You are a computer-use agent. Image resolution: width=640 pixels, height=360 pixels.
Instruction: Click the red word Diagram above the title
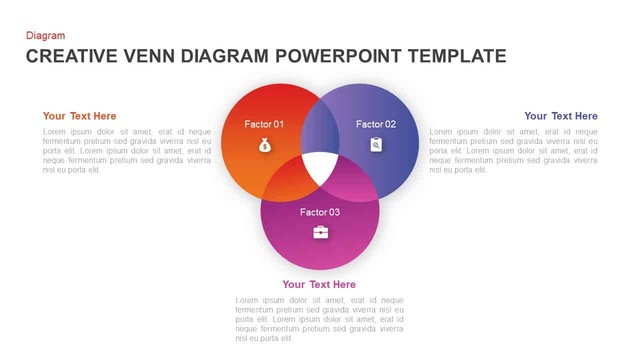click(x=45, y=35)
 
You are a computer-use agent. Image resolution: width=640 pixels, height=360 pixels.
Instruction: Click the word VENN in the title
click(x=149, y=55)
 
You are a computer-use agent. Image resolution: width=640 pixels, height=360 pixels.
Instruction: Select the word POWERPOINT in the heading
click(x=338, y=55)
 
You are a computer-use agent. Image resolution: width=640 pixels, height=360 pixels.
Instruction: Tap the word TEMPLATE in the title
click(x=457, y=55)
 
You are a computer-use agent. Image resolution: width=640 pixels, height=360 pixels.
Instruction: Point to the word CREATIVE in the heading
click(x=71, y=55)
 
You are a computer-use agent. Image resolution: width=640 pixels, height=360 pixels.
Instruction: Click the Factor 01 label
click(x=264, y=124)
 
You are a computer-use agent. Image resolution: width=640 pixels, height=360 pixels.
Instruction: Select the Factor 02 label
click(x=376, y=124)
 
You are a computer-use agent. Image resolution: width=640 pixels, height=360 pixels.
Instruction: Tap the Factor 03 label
click(x=320, y=212)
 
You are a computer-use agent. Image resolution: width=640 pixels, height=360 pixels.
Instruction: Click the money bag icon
click(x=265, y=145)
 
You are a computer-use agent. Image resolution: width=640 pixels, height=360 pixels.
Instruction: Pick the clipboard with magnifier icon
click(x=376, y=144)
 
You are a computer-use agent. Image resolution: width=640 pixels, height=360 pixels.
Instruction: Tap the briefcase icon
click(x=320, y=232)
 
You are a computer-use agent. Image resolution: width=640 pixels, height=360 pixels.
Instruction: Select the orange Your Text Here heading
click(x=79, y=116)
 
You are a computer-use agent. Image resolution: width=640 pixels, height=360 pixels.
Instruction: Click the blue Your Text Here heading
click(x=561, y=116)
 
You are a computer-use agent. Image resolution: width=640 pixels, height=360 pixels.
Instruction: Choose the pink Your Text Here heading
click(x=319, y=284)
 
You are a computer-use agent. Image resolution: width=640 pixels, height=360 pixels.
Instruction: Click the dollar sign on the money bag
click(x=265, y=147)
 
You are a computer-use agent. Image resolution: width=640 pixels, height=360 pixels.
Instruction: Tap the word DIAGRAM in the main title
click(x=225, y=55)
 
